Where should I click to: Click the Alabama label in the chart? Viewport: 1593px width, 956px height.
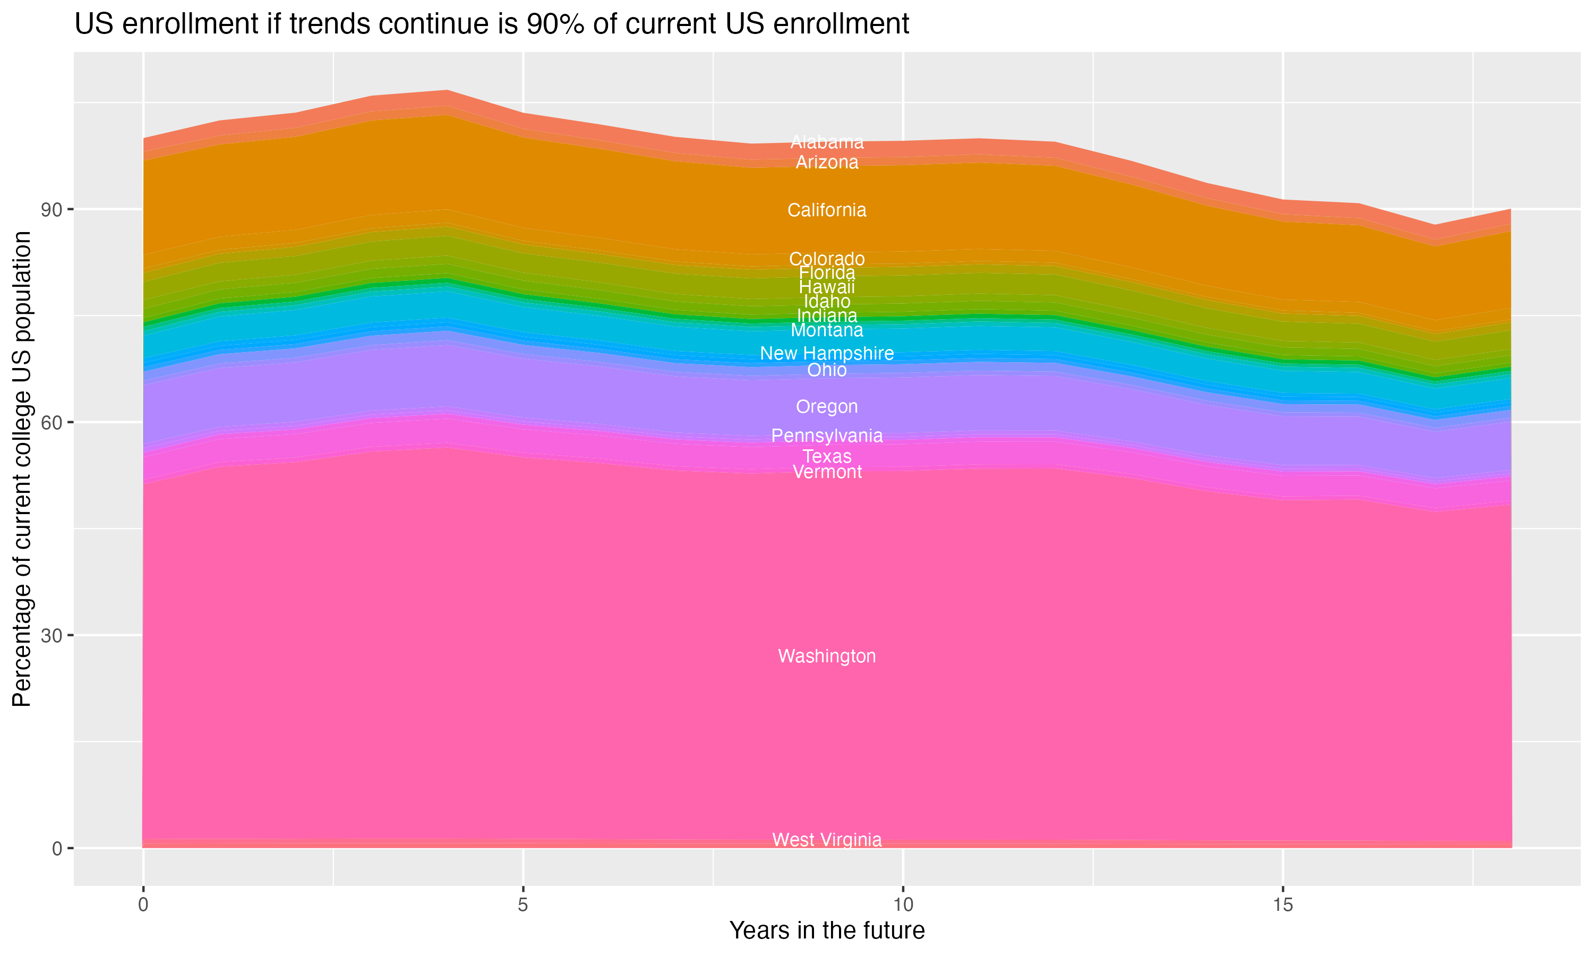tap(827, 142)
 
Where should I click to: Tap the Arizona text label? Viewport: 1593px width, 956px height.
tap(827, 163)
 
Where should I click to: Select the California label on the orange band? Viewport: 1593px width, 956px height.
tap(827, 210)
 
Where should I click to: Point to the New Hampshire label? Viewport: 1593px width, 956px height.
tap(827, 353)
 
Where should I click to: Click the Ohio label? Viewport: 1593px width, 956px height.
tap(827, 370)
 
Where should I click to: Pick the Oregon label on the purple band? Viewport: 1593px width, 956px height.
tap(827, 406)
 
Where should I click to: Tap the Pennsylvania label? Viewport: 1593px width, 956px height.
tap(827, 436)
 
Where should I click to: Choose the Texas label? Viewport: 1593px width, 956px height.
tap(827, 456)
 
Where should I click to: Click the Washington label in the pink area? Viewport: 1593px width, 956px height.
tap(827, 656)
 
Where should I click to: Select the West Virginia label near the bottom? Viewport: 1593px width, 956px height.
tap(827, 839)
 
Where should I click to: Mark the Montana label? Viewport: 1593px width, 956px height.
tap(827, 330)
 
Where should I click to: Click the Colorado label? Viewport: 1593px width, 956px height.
tap(827, 258)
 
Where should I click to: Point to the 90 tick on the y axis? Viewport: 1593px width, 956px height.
tap(52, 210)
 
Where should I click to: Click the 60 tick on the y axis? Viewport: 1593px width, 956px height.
tap(52, 423)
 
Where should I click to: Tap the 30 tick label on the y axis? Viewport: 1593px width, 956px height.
tap(52, 636)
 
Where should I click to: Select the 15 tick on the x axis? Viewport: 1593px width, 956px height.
tap(1283, 905)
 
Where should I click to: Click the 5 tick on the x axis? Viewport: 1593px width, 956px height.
tap(523, 905)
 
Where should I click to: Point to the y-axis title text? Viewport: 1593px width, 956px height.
tap(22, 468)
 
